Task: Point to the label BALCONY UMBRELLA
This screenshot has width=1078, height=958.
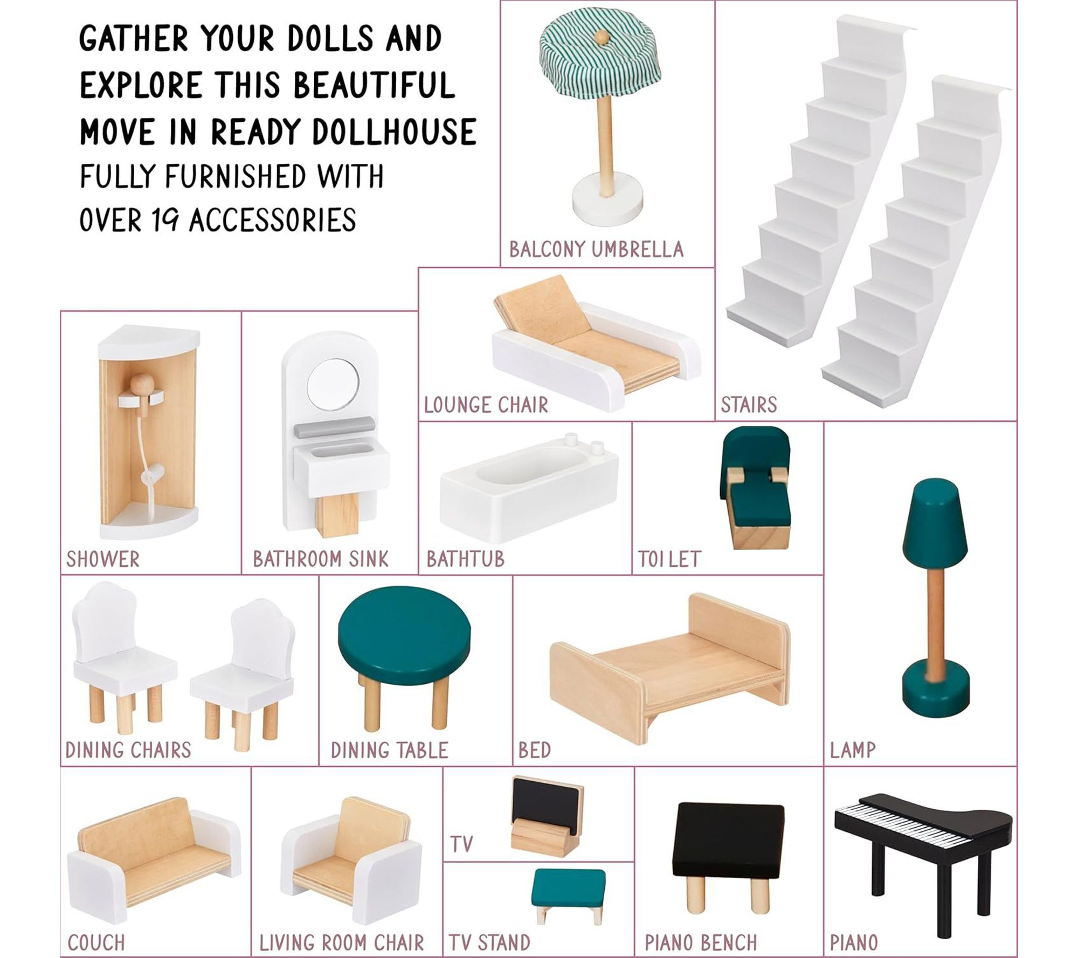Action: tap(596, 249)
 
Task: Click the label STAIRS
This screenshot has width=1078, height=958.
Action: tap(749, 405)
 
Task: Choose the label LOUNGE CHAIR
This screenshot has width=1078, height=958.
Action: tap(486, 405)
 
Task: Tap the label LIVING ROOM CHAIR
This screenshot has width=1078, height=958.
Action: tap(342, 942)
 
